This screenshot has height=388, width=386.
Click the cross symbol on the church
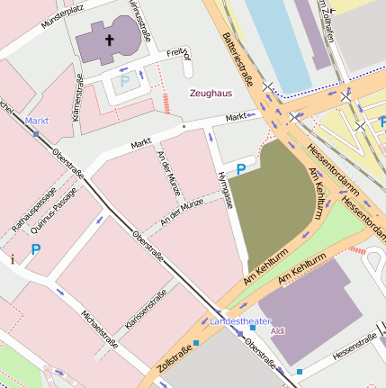(x=110, y=40)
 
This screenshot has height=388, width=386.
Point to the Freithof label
(x=180, y=57)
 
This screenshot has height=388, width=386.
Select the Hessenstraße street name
(x=354, y=347)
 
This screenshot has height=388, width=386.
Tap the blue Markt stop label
(x=37, y=120)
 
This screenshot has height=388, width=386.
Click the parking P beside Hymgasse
(x=240, y=168)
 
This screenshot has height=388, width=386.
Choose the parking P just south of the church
(x=124, y=82)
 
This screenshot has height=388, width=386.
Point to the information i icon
(x=13, y=259)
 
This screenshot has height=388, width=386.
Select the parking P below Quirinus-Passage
(x=36, y=249)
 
